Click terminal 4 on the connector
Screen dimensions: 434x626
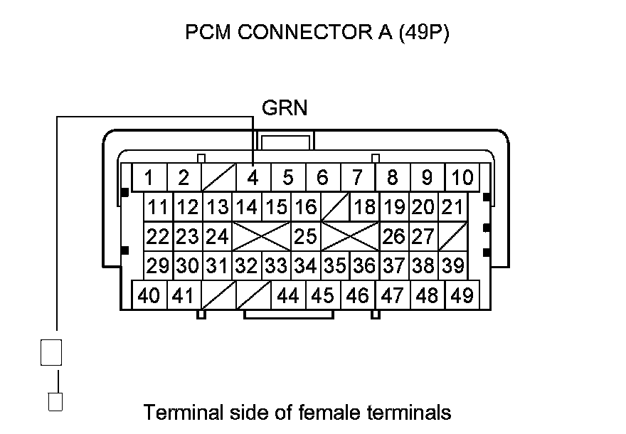click(253, 177)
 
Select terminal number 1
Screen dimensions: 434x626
click(149, 177)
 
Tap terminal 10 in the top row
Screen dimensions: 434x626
click(462, 177)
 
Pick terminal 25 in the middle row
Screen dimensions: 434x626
click(305, 235)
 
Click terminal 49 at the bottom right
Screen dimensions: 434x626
click(462, 295)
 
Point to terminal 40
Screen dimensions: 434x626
click(149, 295)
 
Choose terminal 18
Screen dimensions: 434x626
click(364, 207)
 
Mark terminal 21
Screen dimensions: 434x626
click(452, 207)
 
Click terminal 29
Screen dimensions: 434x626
click(159, 265)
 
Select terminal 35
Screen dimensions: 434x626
click(334, 265)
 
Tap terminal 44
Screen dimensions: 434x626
click(287, 295)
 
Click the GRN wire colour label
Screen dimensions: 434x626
click(285, 108)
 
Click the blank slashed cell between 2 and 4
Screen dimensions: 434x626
click(218, 177)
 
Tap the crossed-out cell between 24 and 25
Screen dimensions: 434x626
click(262, 235)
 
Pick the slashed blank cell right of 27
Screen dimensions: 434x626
click(452, 235)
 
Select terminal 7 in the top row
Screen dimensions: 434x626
click(358, 177)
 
